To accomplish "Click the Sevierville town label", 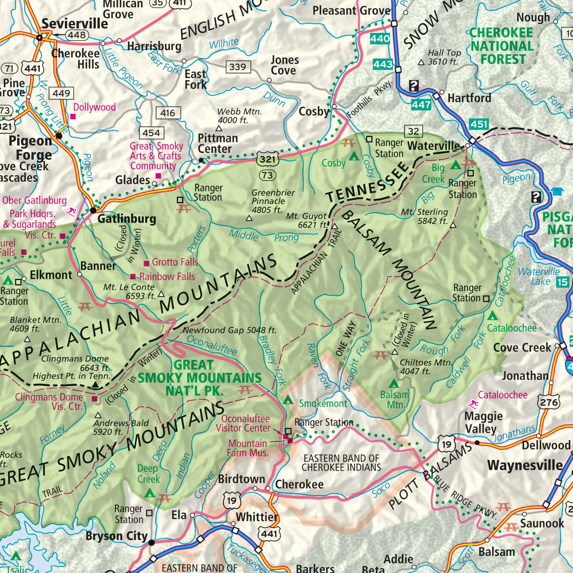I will (x=74, y=24).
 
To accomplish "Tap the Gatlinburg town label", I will (x=127, y=219).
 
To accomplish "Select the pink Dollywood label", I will (x=94, y=107).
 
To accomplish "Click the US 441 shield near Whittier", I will (x=269, y=533).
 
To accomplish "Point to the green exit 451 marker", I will (x=479, y=124).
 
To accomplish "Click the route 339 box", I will (x=238, y=67).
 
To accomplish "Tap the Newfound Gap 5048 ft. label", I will (x=229, y=330).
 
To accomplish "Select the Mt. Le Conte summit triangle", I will (x=161, y=294).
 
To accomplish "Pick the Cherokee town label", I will (x=299, y=484).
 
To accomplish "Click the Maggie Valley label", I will (x=483, y=422).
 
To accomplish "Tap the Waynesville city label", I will (x=524, y=465).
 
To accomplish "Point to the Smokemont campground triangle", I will (x=288, y=400).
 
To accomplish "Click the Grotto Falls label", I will (x=175, y=262).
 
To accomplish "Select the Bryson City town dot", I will (x=151, y=542).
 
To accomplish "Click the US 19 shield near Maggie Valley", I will (x=446, y=444).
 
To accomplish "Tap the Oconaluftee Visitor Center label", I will (x=244, y=424).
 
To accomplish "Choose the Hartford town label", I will (x=469, y=98).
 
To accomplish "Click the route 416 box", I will (x=168, y=113).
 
